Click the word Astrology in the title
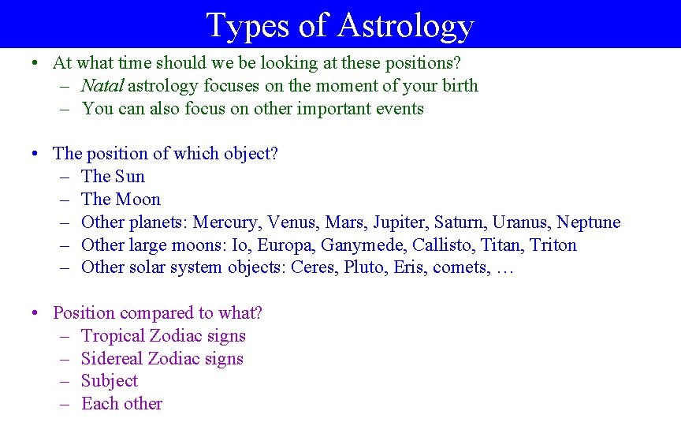[x=405, y=25]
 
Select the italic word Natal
[x=102, y=86]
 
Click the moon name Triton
[x=553, y=245]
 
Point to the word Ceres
[x=313, y=267]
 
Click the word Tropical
[x=113, y=336]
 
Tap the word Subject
[x=110, y=381]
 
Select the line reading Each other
[x=121, y=404]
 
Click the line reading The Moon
[x=121, y=200]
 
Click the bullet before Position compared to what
[x=37, y=313]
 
